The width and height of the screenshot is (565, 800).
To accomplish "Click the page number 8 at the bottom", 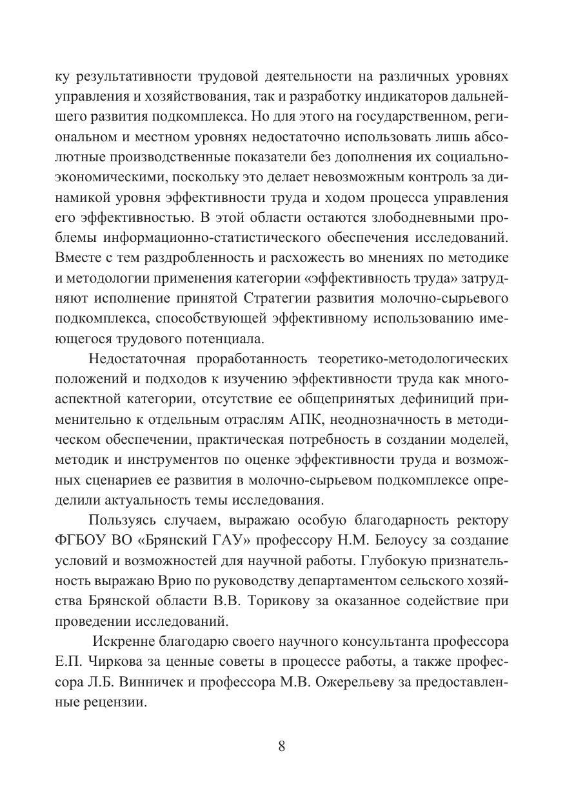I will click(282, 746).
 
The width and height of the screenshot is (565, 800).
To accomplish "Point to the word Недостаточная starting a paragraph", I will click(137, 358).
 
